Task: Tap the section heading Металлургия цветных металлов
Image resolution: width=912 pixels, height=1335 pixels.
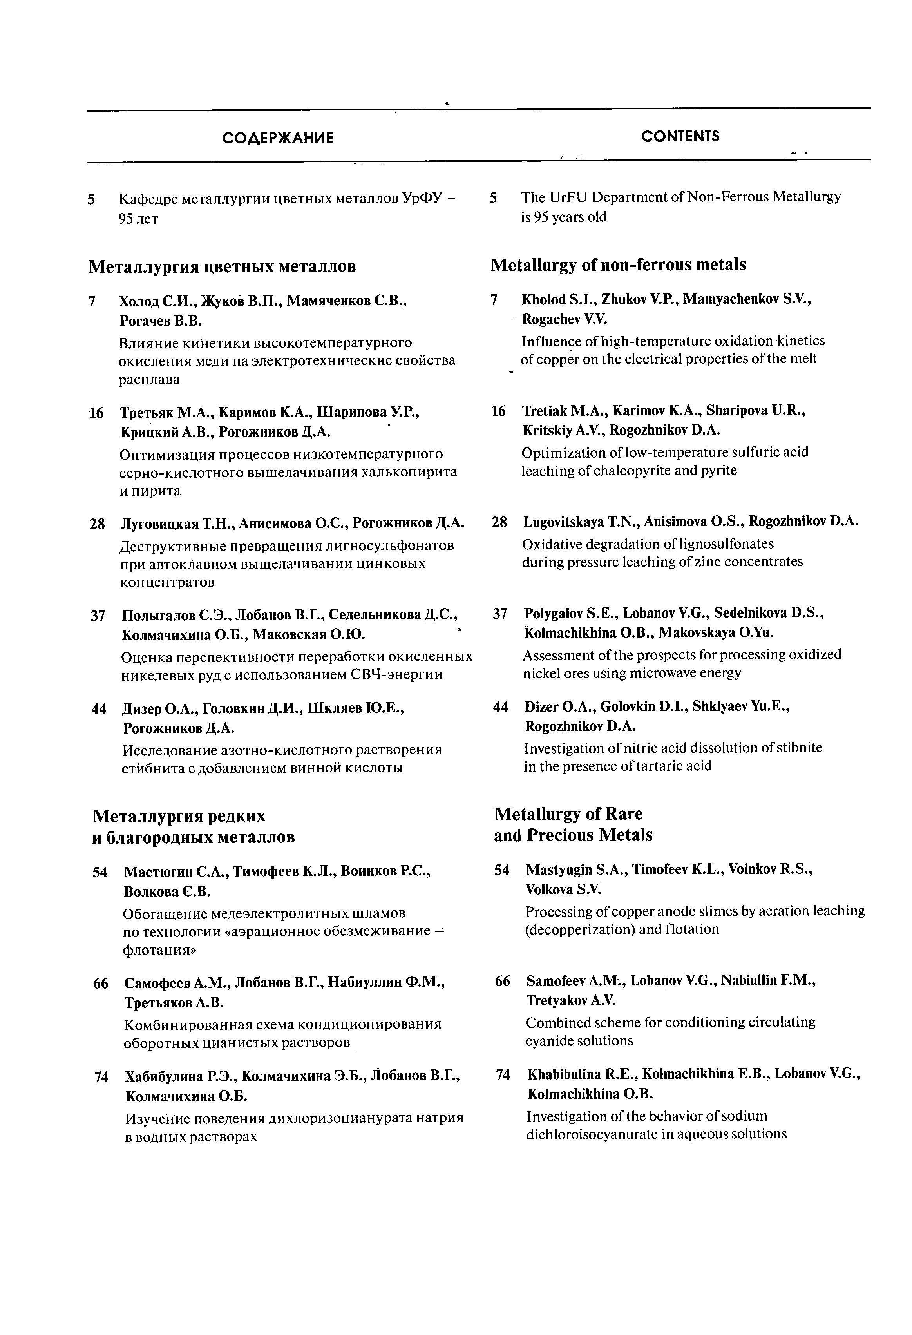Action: (222, 266)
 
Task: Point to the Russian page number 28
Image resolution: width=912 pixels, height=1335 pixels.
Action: (98, 524)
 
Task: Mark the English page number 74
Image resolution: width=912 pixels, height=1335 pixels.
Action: (503, 1074)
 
